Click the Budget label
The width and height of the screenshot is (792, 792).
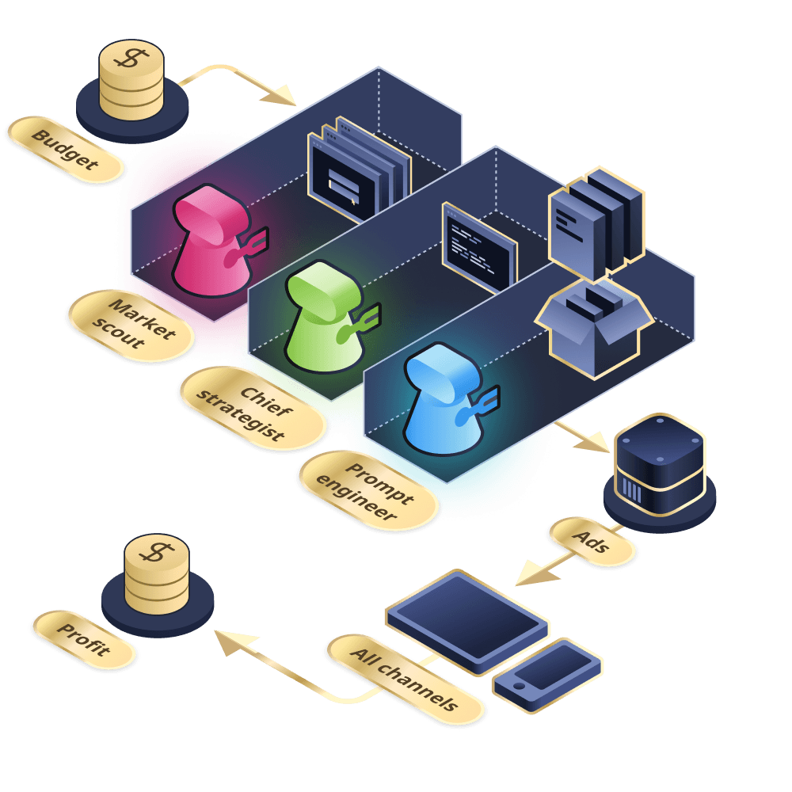click(x=66, y=150)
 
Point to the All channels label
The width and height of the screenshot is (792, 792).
click(x=405, y=679)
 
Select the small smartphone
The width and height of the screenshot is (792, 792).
click(x=547, y=670)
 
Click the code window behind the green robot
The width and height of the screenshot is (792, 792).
click(x=479, y=246)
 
